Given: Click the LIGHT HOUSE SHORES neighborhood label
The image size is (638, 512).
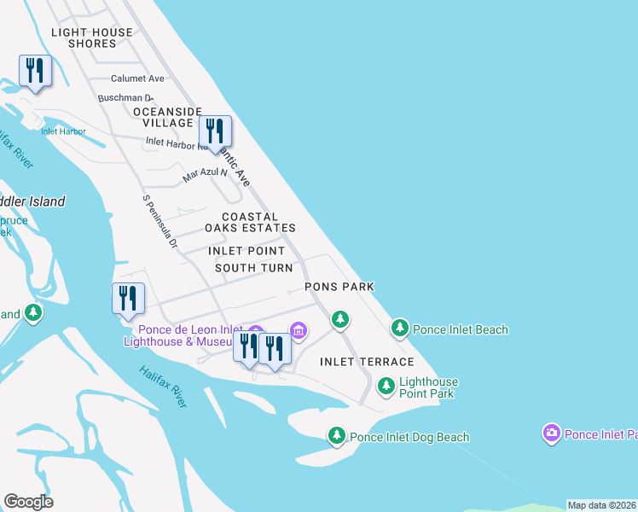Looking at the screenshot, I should click(x=92, y=38).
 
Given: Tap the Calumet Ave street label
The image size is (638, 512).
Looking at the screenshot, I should click(x=137, y=79).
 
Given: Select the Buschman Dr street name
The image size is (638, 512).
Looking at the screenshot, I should click(x=125, y=98).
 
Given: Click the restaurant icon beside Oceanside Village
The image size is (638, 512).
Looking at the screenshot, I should click(x=216, y=132).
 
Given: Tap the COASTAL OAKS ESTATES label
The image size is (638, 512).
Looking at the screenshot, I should click(x=250, y=223).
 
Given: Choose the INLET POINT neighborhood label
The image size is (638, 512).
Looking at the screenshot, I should click(x=247, y=251).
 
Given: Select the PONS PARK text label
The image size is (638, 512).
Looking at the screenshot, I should click(x=340, y=288).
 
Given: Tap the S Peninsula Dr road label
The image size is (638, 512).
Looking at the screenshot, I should click(x=159, y=222).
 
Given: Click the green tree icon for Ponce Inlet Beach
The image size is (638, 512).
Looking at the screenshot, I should click(x=400, y=328).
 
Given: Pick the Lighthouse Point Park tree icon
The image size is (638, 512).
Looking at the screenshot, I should click(x=386, y=387).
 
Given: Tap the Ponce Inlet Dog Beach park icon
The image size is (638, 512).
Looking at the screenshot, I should click(x=338, y=436).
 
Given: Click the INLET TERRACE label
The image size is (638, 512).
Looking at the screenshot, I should click(x=367, y=362).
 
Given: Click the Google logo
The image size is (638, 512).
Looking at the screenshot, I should click(x=28, y=502).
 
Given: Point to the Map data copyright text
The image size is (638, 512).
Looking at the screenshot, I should click(x=601, y=505).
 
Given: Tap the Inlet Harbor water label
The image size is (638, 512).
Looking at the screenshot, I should click(x=63, y=131).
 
